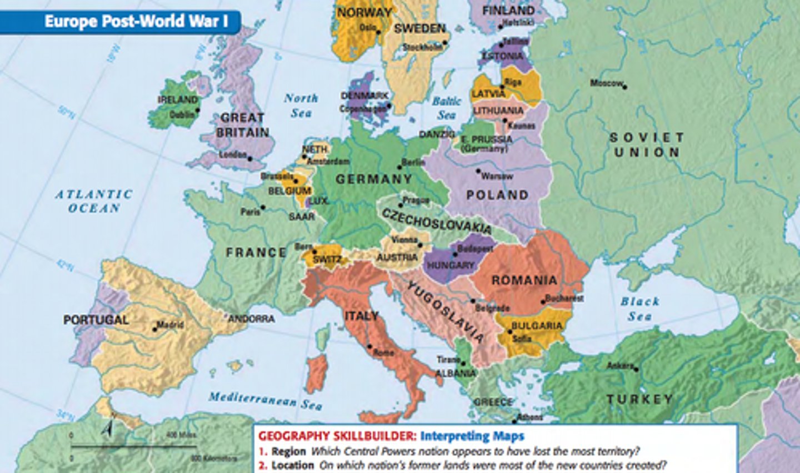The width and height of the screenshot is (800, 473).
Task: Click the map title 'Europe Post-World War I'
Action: point(136,22)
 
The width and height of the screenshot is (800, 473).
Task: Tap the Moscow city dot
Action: point(625,87)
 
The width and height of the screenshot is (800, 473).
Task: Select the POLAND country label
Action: point(497,195)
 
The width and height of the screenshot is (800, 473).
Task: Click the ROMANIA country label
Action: point(524,280)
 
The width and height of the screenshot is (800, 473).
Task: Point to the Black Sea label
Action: point(640,309)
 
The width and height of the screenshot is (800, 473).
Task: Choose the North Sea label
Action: point(301,105)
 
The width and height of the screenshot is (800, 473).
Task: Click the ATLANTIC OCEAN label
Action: point(94,201)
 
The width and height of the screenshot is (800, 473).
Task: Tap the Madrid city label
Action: point(170,324)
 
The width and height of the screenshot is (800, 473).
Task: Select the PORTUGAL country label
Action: point(96,320)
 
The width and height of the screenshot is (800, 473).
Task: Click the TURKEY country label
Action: point(639,399)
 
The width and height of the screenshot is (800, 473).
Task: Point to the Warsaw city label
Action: point(497,176)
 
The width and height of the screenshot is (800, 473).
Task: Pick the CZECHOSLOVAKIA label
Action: point(436,221)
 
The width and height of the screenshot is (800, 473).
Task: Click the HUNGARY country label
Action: point(451,265)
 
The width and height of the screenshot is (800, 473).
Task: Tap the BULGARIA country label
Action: point(537,325)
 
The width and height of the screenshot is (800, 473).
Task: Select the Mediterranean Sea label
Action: point(265,400)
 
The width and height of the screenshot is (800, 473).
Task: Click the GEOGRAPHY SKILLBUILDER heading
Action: point(337,436)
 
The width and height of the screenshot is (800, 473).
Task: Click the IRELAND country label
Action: point(178,99)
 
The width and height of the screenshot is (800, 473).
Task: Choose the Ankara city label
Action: point(620,366)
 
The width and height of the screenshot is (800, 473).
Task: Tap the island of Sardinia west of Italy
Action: point(317,373)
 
